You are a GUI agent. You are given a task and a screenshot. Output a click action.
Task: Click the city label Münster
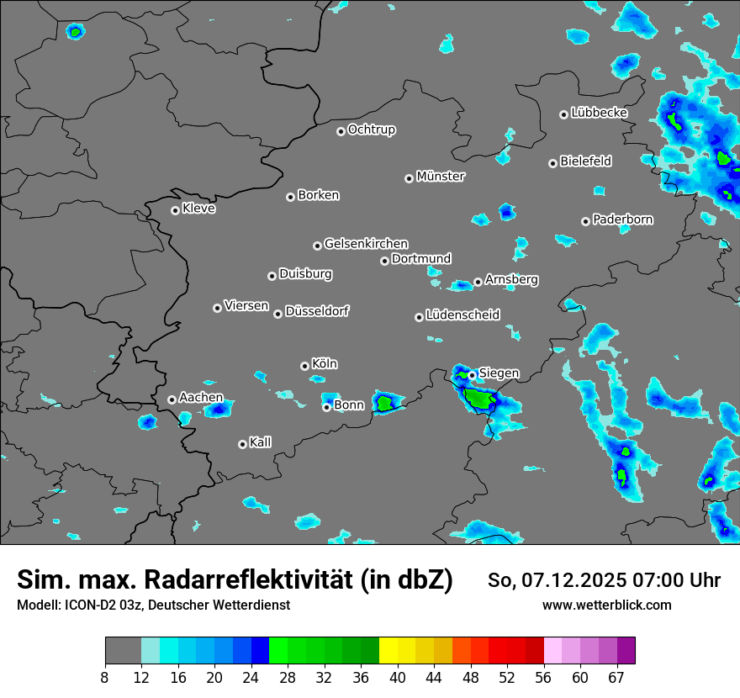click(x=440, y=177)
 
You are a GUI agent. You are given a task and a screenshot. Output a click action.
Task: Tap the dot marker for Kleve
click(x=175, y=210)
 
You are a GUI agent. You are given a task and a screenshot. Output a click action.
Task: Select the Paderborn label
click(x=622, y=219)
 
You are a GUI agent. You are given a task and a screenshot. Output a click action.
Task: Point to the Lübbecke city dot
click(x=563, y=114)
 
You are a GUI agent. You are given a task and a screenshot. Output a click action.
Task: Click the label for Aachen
click(x=201, y=398)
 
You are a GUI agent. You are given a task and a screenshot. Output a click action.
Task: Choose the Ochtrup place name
click(x=371, y=130)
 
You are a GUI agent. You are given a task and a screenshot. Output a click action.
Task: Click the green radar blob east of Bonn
click(x=385, y=404)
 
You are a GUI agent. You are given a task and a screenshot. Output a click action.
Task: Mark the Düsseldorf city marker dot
click(x=277, y=314)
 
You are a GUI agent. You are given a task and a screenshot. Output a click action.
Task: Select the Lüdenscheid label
click(x=462, y=315)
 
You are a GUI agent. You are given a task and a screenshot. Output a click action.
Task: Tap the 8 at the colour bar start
click(x=105, y=677)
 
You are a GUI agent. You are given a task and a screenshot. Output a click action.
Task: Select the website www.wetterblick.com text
click(x=607, y=605)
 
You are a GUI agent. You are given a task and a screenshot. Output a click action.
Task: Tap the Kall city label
click(x=260, y=442)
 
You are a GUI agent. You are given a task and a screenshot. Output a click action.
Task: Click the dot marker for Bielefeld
click(x=552, y=163)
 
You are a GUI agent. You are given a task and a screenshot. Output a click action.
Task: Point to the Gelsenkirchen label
click(x=366, y=244)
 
